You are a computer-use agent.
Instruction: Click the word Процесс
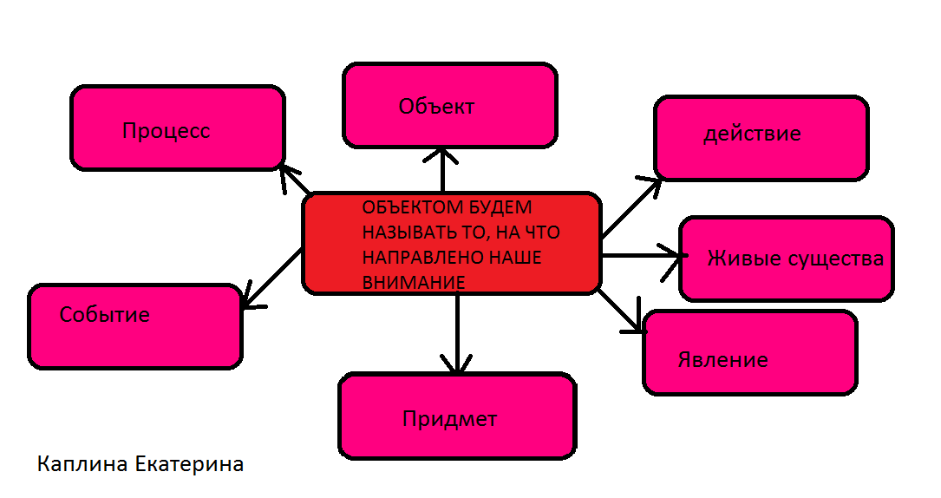pyautogui.click(x=167, y=131)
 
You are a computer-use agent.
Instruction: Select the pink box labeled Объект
pyautogui.click(x=449, y=105)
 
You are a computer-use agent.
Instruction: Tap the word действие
pyautogui.click(x=752, y=134)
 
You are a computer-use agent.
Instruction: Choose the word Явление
pyautogui.click(x=722, y=359)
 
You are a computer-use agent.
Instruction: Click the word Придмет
pyautogui.click(x=449, y=419)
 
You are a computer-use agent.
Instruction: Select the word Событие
pyautogui.click(x=104, y=314)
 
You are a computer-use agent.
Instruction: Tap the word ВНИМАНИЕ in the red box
pyautogui.click(x=414, y=282)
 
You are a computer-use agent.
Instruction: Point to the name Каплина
pyautogui.click(x=83, y=465)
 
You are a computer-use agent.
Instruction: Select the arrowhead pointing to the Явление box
pyautogui.click(x=636, y=324)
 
